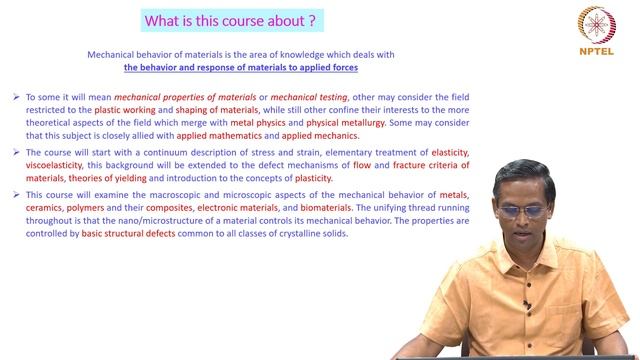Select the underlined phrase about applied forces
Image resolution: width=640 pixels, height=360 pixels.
241,68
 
